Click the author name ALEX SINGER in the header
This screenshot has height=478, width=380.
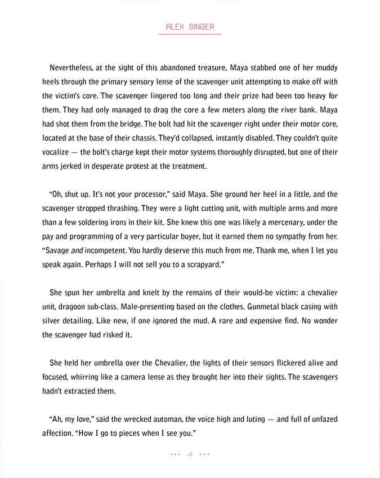pyautogui.click(x=190, y=27)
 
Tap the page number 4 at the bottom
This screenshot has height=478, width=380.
pyautogui.click(x=190, y=454)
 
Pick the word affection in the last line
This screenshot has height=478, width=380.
pyautogui.click(x=61, y=434)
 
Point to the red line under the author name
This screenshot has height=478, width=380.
pyautogui.click(x=190, y=34)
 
